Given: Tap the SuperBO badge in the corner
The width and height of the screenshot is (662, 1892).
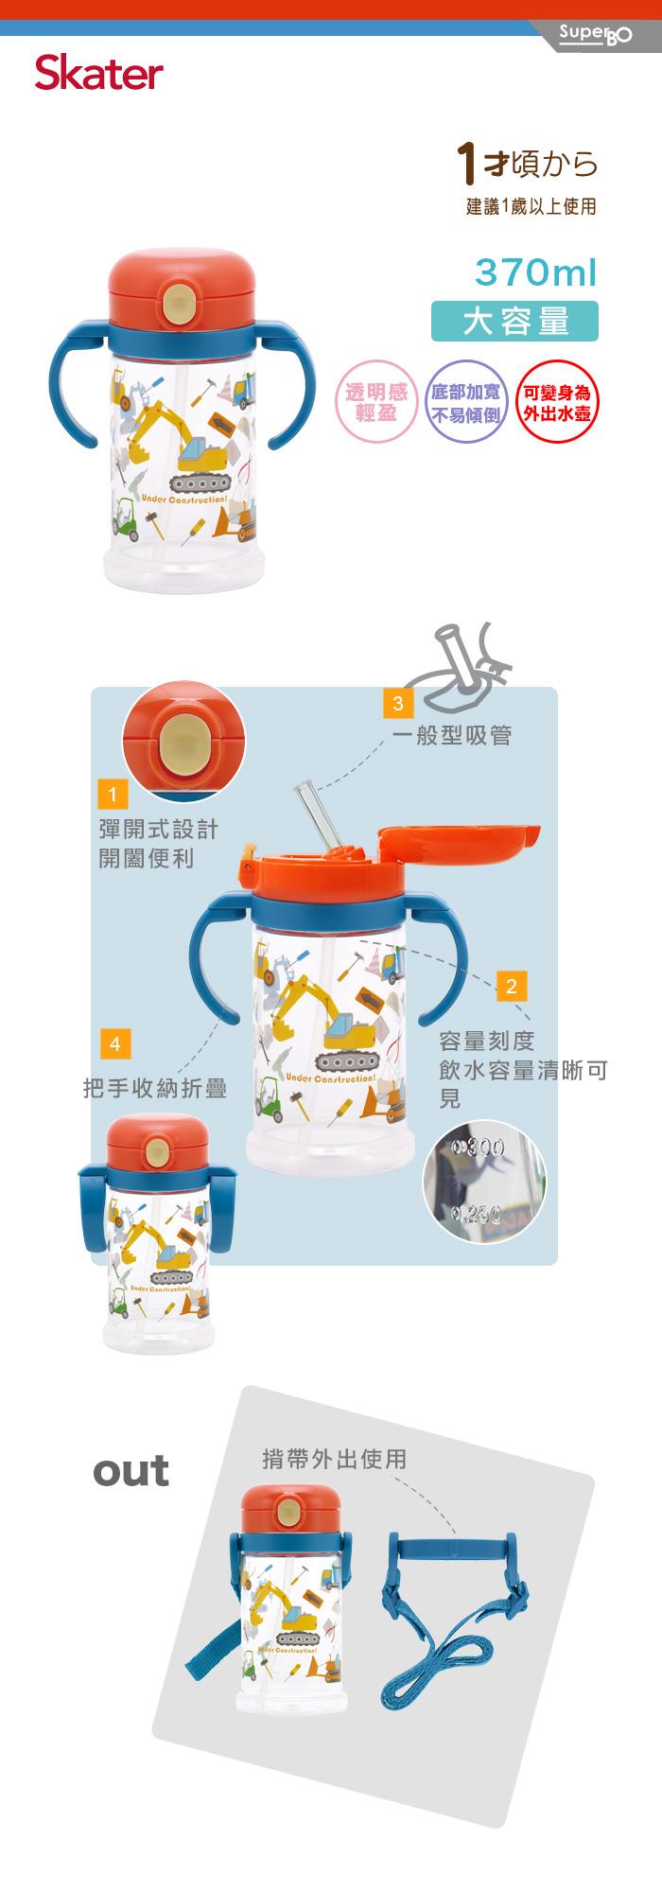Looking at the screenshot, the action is click(x=594, y=37).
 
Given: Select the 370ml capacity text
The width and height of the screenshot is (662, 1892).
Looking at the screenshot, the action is click(x=536, y=272).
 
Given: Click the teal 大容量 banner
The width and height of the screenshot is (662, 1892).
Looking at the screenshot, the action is click(x=514, y=321).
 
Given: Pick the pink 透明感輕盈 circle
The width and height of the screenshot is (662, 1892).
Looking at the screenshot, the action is click(x=375, y=403).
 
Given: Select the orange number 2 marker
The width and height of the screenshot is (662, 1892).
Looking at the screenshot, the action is click(x=511, y=987).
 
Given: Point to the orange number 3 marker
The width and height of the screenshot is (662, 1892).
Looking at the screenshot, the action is click(x=398, y=703).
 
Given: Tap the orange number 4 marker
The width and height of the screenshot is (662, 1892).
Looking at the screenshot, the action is click(x=114, y=1043).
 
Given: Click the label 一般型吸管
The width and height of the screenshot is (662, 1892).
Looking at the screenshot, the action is click(x=451, y=735).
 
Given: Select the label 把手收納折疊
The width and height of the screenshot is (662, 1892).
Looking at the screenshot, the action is click(x=155, y=1089).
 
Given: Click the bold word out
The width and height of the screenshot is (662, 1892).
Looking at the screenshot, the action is click(x=131, y=1471).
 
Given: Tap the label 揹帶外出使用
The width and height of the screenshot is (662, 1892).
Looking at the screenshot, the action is click(x=334, y=1459).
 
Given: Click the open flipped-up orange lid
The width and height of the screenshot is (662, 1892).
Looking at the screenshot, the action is click(x=458, y=843).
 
